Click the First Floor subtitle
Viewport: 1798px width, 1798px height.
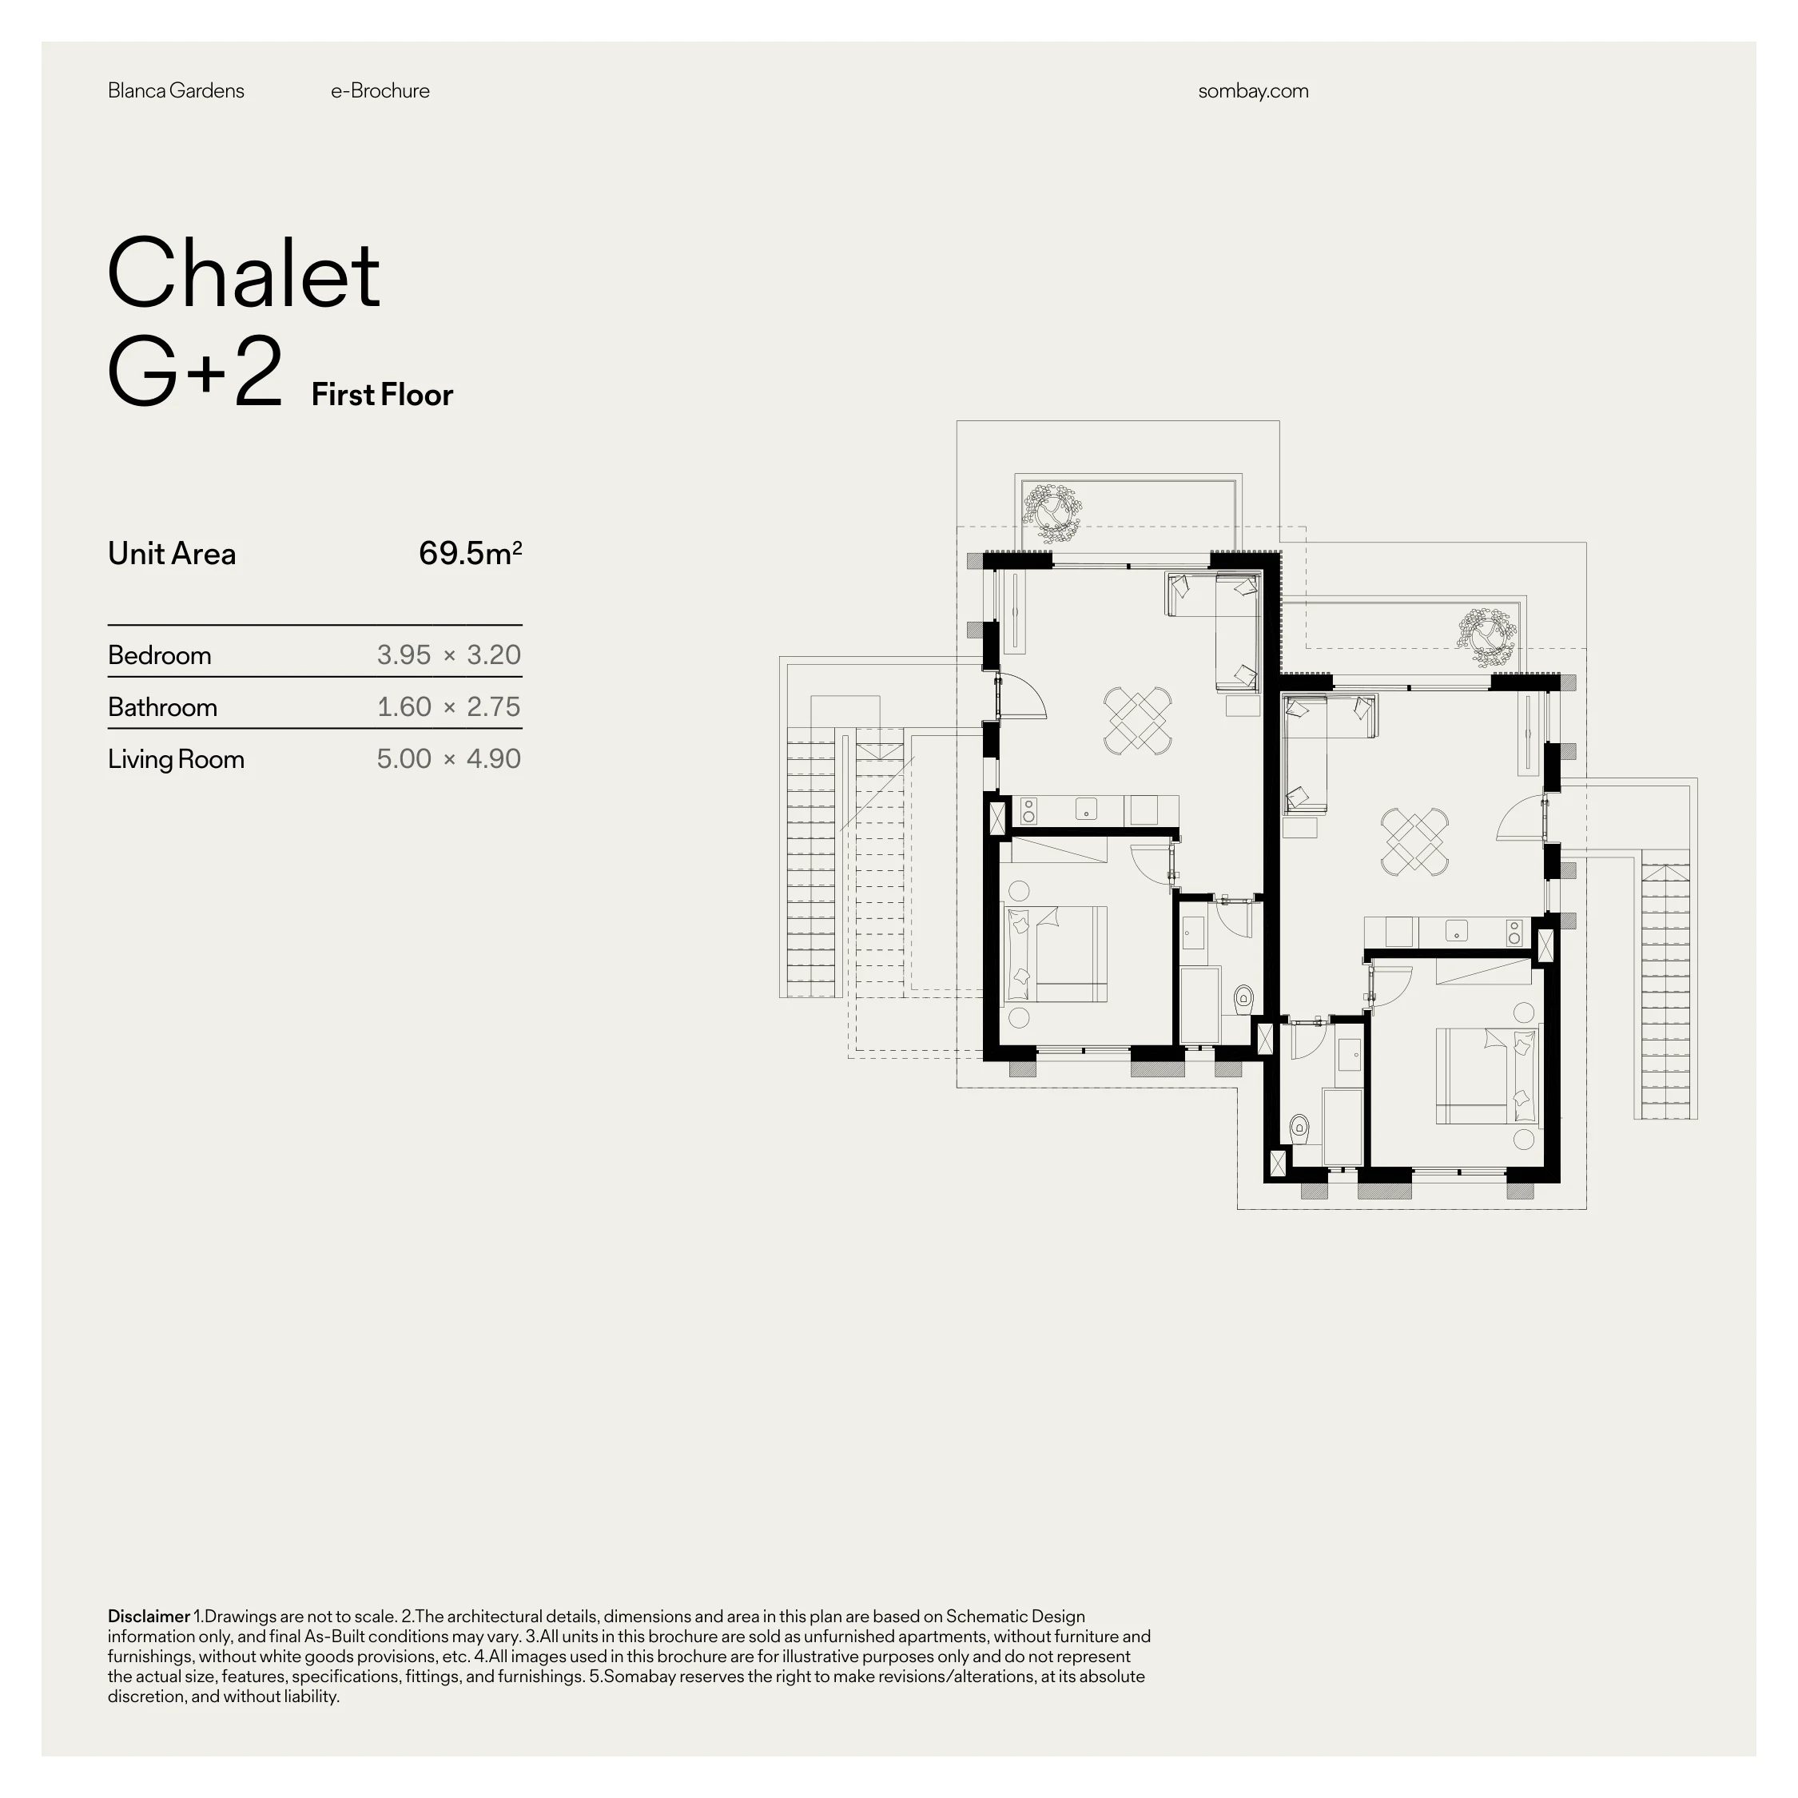[x=383, y=395]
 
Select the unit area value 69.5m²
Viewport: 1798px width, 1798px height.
[x=470, y=553]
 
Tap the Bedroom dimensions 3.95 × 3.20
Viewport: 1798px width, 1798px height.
[x=448, y=654]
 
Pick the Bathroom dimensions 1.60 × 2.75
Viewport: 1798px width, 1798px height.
[x=448, y=706]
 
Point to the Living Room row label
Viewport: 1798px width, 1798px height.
[x=176, y=759]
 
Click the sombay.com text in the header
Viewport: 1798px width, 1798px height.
[x=1253, y=91]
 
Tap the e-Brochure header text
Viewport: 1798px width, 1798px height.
[x=380, y=91]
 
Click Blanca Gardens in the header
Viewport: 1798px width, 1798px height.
[x=176, y=91]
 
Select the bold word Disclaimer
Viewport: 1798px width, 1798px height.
[x=149, y=1617]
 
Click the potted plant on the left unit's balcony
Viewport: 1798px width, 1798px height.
[x=1052, y=513]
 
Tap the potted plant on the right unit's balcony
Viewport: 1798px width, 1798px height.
[x=1486, y=638]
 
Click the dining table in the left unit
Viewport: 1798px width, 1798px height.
[x=1137, y=720]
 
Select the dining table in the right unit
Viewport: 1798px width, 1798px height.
[x=1414, y=841]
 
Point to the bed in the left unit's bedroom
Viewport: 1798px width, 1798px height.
[x=1057, y=954]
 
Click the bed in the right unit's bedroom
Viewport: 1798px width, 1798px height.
[x=1487, y=1076]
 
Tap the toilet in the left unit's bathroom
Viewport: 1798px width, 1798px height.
[x=1243, y=1000]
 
